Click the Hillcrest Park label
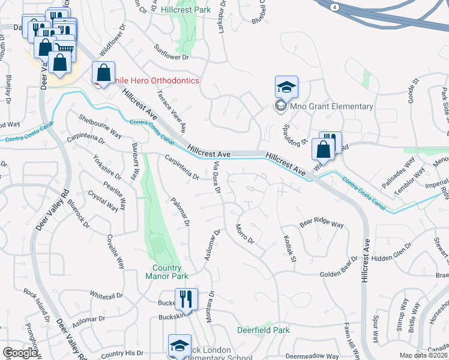[x=186, y=10]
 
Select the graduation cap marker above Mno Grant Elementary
[x=286, y=87]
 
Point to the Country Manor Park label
[x=167, y=272]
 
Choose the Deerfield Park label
[x=263, y=330]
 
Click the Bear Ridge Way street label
[x=322, y=224]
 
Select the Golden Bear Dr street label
[x=339, y=274]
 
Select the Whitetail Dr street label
[x=106, y=296]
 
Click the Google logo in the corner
[x=19, y=353]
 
